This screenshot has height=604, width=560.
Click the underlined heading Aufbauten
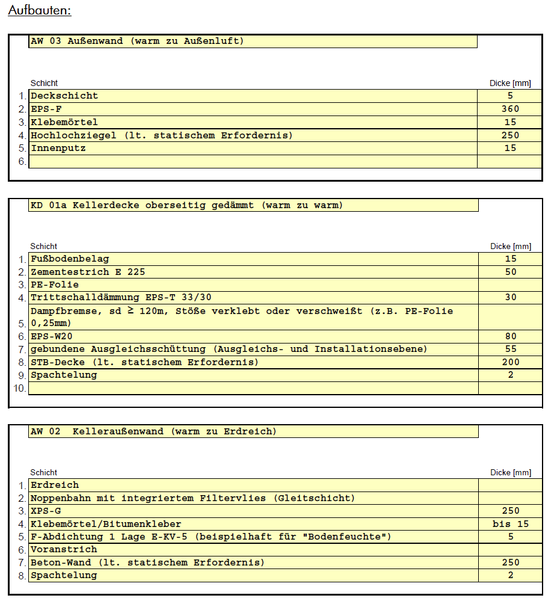pyautogui.click(x=40, y=11)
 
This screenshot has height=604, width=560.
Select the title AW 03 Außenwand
pyautogui.click(x=137, y=42)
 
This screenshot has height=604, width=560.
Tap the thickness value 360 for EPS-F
pyautogui.click(x=510, y=109)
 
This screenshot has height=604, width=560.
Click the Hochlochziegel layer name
pyautogui.click(x=161, y=135)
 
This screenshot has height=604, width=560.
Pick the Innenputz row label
pyautogui.click(x=58, y=148)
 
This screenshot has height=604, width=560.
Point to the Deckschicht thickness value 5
pyautogui.click(x=510, y=96)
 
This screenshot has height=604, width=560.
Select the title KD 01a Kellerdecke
pyautogui.click(x=186, y=205)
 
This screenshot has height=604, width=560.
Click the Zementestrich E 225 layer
pyautogui.click(x=88, y=271)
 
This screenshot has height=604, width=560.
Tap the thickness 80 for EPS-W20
pyautogui.click(x=511, y=336)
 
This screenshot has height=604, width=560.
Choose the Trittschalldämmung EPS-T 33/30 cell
pyautogui.click(x=121, y=297)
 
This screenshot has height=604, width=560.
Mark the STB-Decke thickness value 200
pyautogui.click(x=511, y=362)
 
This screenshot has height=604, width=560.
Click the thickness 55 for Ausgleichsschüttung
pyautogui.click(x=511, y=349)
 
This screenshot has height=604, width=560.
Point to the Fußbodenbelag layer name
pyautogui.click(x=70, y=259)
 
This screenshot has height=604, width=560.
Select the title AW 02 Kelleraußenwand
pyautogui.click(x=153, y=431)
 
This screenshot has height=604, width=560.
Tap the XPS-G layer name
pyautogui.click(x=46, y=511)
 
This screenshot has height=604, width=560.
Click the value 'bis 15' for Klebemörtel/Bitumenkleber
pyautogui.click(x=511, y=524)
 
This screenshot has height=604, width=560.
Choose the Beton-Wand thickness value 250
pyautogui.click(x=511, y=562)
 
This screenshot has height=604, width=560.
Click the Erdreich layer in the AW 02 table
pyautogui.click(x=55, y=485)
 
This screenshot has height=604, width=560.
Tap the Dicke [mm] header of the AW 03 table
pyautogui.click(x=511, y=84)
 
